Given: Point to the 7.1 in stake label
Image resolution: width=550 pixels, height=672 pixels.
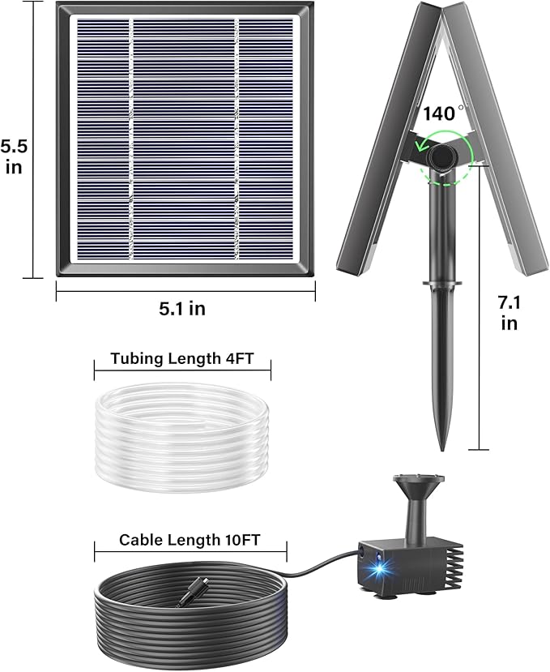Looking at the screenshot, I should [x=508, y=313].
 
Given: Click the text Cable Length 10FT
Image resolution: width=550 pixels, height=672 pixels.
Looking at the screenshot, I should [x=190, y=539].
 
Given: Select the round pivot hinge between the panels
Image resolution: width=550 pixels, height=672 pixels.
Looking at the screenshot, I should [x=443, y=155].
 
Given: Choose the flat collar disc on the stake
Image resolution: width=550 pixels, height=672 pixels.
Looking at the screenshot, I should [x=441, y=284].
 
